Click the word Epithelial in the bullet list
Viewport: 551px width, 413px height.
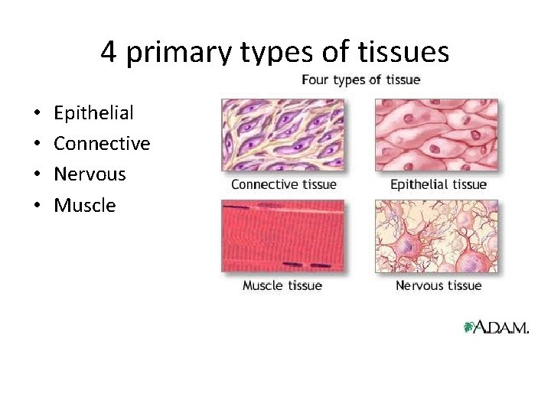(x=93, y=113)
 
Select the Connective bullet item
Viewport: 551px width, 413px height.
(x=102, y=144)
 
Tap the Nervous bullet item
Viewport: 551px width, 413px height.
(x=90, y=174)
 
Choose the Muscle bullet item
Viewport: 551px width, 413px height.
(x=84, y=205)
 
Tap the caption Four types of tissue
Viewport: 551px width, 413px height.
(x=360, y=80)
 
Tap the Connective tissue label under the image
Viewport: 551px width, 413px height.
(x=283, y=184)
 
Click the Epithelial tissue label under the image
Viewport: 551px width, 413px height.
(x=438, y=184)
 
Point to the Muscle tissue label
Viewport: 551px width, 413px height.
(x=282, y=285)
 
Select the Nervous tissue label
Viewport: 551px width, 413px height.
(x=438, y=285)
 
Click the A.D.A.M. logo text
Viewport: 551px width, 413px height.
(x=502, y=327)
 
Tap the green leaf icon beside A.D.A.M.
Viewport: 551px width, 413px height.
(x=469, y=327)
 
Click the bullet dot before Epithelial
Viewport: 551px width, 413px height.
(x=38, y=114)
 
